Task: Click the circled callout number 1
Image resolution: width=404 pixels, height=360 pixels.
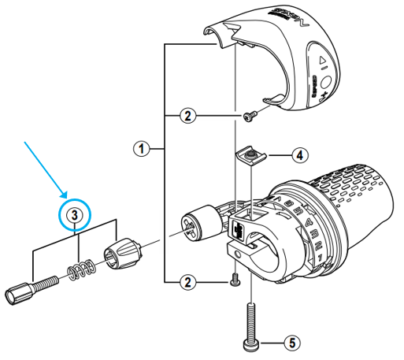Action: (x=140, y=147)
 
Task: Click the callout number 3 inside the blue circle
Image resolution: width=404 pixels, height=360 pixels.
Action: (x=73, y=214)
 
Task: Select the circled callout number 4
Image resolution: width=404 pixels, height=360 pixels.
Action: (x=301, y=155)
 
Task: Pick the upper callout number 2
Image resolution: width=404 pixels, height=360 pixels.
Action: (x=186, y=117)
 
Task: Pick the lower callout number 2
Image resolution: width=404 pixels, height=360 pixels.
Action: (x=186, y=280)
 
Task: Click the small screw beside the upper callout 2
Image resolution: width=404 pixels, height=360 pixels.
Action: (x=250, y=117)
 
